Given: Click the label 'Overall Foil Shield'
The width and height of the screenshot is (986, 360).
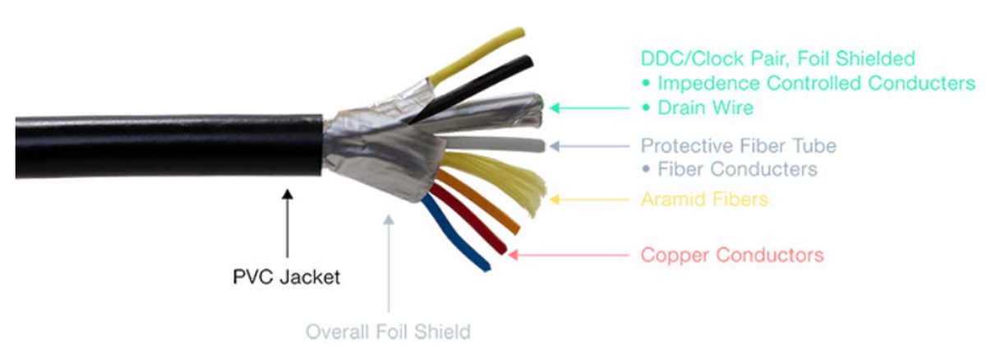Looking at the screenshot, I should coord(389,332).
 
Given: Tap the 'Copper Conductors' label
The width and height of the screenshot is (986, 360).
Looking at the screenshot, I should coord(731,255).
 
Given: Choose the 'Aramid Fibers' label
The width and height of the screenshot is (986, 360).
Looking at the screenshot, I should coord(704,199).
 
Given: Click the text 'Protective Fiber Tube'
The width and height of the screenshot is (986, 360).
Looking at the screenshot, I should coord(738,146).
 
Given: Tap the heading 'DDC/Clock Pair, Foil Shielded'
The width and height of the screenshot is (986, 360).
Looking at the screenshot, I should coord(777,58).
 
